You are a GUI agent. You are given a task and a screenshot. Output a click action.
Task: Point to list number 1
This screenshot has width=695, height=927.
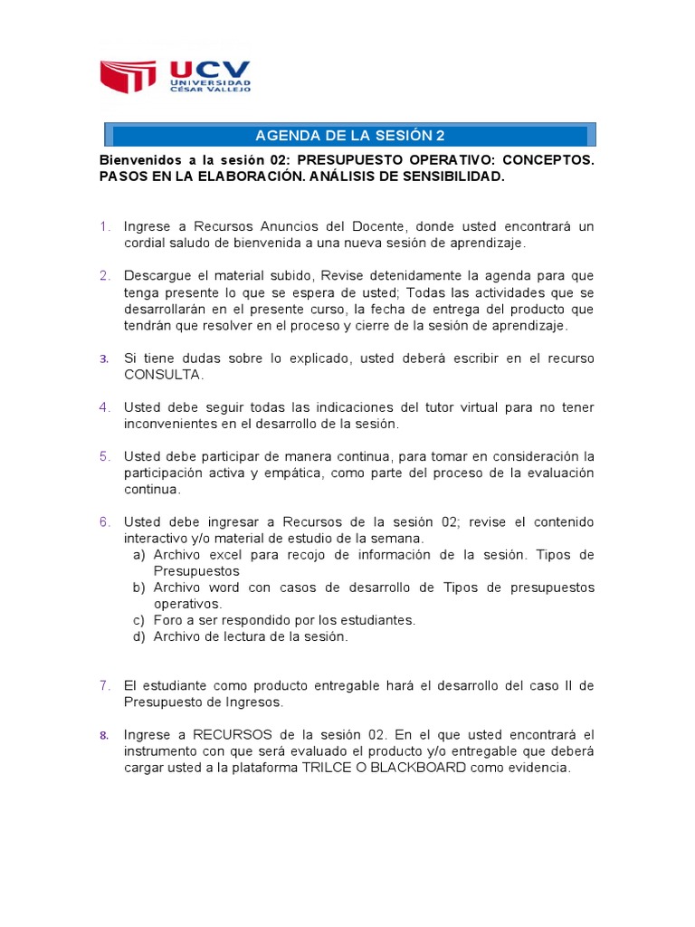(105, 226)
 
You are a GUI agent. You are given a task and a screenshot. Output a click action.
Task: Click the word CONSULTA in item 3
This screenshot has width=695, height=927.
(163, 375)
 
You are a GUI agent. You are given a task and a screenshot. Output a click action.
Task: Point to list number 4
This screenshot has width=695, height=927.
(105, 407)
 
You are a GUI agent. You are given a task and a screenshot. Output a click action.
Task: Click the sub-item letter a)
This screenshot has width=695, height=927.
(138, 555)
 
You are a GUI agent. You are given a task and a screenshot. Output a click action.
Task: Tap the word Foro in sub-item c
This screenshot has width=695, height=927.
(167, 620)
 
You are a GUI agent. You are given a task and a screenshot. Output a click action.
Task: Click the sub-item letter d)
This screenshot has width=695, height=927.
(138, 636)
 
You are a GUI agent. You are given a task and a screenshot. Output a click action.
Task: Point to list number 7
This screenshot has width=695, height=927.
(105, 685)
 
